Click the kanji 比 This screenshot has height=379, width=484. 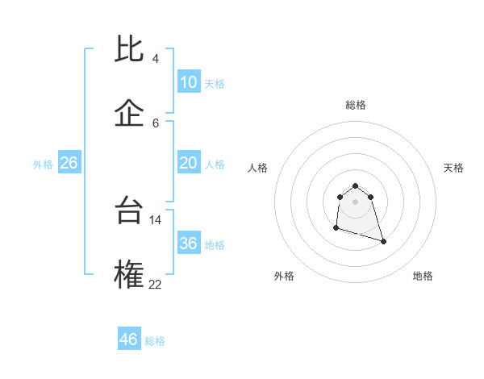pyautogui.click(x=130, y=50)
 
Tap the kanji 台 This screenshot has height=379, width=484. pyautogui.click(x=130, y=211)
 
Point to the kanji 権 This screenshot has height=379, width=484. pyautogui.click(x=130, y=274)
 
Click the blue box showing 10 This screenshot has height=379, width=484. pyautogui.click(x=188, y=82)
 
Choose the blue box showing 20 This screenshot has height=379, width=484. pyautogui.click(x=188, y=163)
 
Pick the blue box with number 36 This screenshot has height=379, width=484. pyautogui.click(x=188, y=244)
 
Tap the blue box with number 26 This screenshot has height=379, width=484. pyautogui.click(x=69, y=163)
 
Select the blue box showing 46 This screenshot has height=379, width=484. pyautogui.click(x=128, y=339)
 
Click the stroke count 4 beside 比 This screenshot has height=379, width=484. pyautogui.click(x=156, y=59)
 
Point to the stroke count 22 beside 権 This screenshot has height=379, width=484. pyautogui.click(x=156, y=283)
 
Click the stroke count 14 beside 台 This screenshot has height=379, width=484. pyautogui.click(x=156, y=220)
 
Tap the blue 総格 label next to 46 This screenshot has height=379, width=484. pyautogui.click(x=155, y=341)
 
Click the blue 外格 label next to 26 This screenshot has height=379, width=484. pyautogui.click(x=43, y=165)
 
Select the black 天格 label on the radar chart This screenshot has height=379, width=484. pyautogui.click(x=453, y=168)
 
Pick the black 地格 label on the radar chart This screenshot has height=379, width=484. pyautogui.click(x=423, y=276)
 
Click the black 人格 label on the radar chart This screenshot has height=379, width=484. pyautogui.click(x=258, y=168)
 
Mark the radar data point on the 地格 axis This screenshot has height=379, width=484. pyautogui.click(x=383, y=241)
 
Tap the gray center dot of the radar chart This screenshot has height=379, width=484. pyautogui.click(x=355, y=201)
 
